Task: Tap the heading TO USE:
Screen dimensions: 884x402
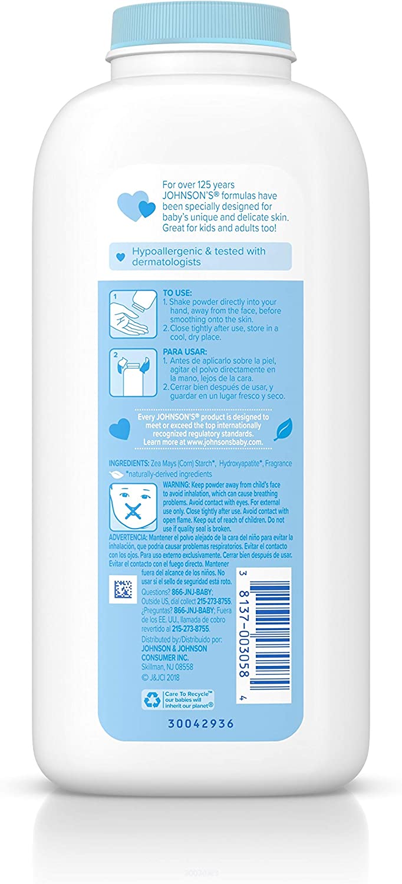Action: [176, 292]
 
